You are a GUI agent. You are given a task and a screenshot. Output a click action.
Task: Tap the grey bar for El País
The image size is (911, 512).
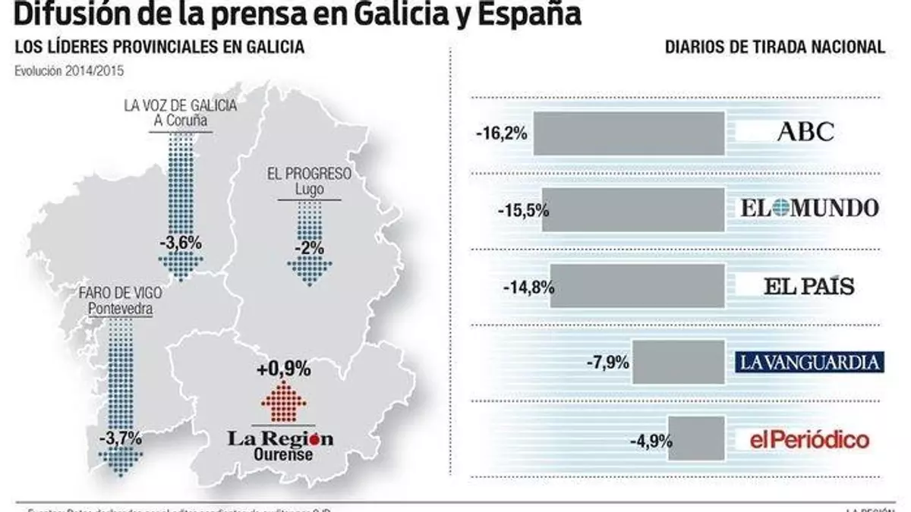point(637,287)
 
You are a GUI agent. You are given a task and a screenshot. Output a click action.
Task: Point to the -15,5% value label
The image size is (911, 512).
point(523,210)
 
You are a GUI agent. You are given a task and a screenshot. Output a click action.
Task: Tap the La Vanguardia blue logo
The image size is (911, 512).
point(812,363)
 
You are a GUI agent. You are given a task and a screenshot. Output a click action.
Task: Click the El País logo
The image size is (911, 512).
point(809,287)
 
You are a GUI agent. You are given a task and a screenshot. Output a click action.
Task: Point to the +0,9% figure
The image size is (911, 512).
point(282,369)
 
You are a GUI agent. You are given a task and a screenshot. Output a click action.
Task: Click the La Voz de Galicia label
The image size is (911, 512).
point(180,105)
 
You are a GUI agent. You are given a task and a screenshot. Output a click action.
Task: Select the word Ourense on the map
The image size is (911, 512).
point(282,455)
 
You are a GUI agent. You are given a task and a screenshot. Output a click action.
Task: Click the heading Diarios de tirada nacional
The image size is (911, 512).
point(775,47)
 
